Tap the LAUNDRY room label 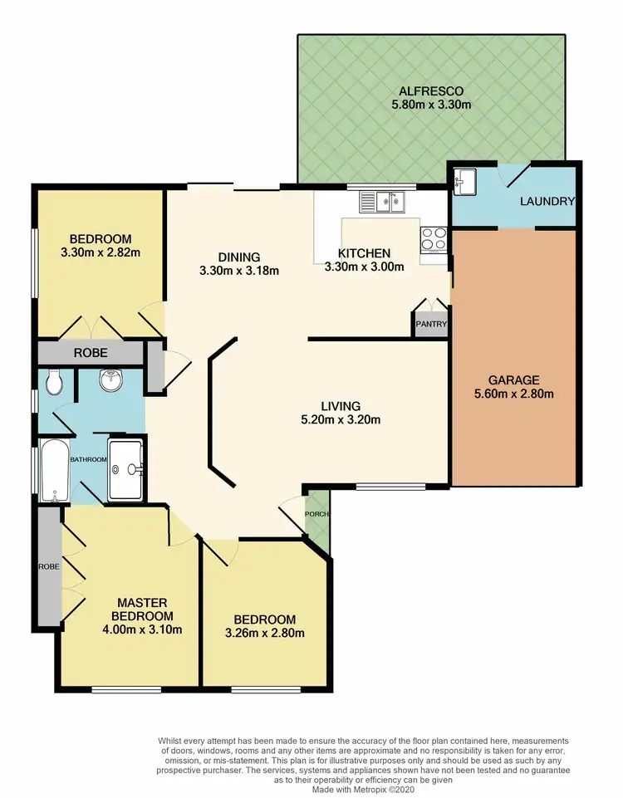click(547, 202)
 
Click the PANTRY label click(431, 325)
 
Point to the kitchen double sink click(381, 200)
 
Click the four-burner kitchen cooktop click(434, 239)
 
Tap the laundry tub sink click(463, 181)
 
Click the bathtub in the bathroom click(55, 472)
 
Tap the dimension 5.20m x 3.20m click(341, 419)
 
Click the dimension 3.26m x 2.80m click(265, 634)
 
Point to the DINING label click(239, 257)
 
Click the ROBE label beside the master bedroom click(48, 567)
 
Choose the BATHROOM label click(88, 460)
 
